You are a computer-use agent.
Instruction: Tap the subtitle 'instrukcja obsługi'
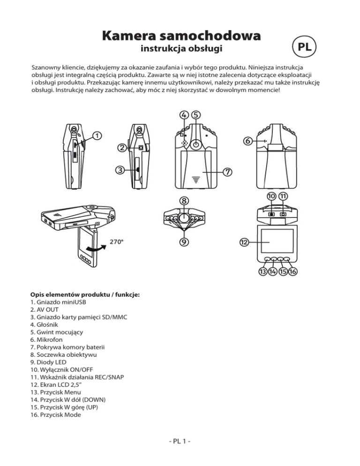click(x=181, y=49)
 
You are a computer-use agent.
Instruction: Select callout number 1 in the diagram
click(x=95, y=135)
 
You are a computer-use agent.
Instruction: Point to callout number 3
click(x=120, y=170)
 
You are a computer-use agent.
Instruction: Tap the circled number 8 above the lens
click(x=185, y=200)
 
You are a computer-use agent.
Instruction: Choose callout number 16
click(x=294, y=272)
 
